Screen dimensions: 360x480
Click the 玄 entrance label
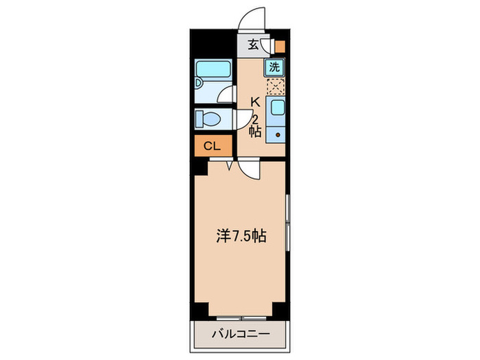pyautogui.click(x=253, y=45)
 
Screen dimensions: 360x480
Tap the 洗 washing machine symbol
pyautogui.click(x=274, y=67)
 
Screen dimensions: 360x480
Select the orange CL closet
pyautogui.click(x=212, y=145)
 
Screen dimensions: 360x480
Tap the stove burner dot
pyautogui.click(x=278, y=135)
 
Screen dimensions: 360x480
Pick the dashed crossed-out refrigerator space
pyautogui.click(x=275, y=87)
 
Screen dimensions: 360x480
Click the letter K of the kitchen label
pyautogui.click(x=255, y=102)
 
